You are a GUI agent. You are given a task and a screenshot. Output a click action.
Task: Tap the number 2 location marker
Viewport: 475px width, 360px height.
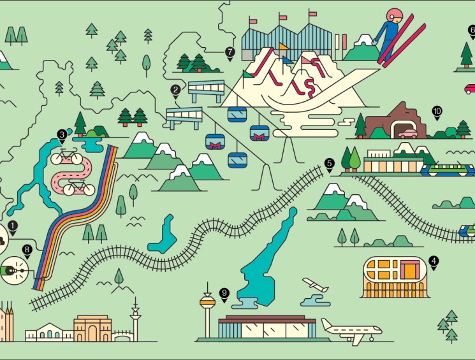[175, 90]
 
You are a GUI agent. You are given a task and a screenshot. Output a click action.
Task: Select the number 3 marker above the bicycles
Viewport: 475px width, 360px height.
[62, 134]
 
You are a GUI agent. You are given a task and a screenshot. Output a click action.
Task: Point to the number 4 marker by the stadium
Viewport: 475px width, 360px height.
[434, 261]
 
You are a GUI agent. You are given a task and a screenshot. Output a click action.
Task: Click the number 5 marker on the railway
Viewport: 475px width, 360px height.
[329, 163]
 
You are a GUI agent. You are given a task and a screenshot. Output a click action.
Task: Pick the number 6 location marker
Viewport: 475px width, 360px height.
[472, 30]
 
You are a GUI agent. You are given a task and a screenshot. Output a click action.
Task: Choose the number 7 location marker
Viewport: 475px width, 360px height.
[230, 52]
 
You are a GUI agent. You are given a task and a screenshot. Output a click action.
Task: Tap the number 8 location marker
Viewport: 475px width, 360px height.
[27, 250]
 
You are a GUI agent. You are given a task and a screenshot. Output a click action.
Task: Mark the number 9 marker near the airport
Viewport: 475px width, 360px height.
[224, 293]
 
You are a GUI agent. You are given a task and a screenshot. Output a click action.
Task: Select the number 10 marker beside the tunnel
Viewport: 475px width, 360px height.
[437, 111]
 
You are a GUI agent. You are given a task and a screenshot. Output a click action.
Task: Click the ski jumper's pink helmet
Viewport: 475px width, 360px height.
[396, 14]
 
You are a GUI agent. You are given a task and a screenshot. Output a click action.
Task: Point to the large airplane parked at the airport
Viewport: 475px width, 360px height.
[351, 329]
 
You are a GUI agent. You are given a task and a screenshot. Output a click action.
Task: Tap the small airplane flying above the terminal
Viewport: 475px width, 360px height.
[316, 285]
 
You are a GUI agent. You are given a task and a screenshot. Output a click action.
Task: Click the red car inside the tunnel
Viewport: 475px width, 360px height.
[407, 133]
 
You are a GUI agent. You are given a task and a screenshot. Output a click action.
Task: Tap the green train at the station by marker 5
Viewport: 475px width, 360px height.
[447, 170]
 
